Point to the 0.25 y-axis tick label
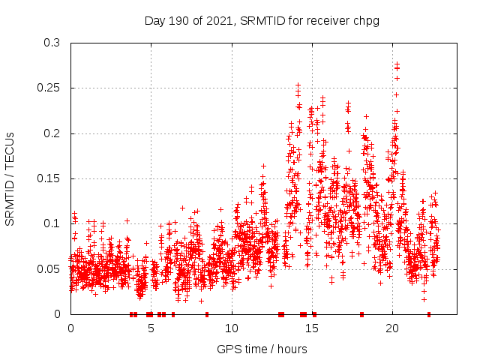coord(51,88)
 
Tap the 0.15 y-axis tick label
coord(51,178)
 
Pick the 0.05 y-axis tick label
coord(51,268)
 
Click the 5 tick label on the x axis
coord(151,328)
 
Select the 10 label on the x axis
coord(232,328)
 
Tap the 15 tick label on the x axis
coord(312,328)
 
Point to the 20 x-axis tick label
coord(392,328)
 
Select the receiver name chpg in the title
coord(365,20)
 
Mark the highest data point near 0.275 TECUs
coord(397,64)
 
